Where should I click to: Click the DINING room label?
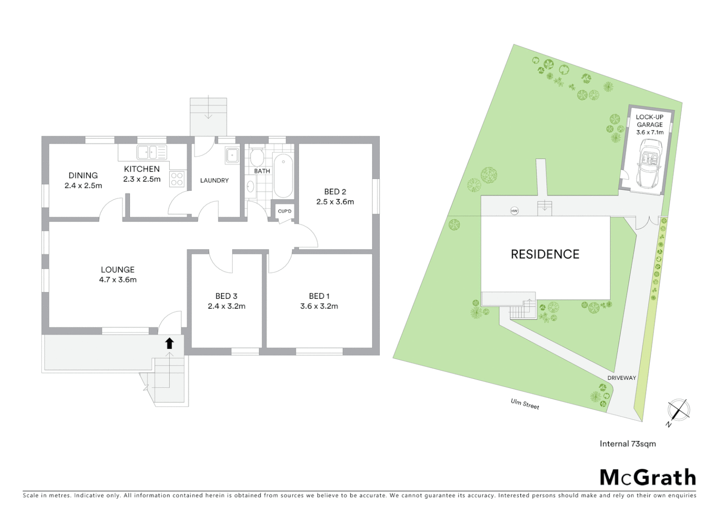83,175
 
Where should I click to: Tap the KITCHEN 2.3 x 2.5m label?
142,174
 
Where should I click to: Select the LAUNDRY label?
214,181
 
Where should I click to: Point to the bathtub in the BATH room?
283,175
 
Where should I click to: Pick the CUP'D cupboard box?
285,211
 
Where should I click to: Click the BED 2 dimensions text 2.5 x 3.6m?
335,202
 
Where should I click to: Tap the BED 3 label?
226,296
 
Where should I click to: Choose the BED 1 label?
319,296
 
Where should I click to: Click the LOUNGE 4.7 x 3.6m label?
118,274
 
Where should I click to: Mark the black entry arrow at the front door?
169,343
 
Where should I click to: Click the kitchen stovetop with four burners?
177,179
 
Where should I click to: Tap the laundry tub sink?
232,156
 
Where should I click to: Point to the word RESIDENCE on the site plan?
545,254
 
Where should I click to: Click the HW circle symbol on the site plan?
514,211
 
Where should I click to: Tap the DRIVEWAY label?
622,378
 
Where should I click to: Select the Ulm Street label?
525,404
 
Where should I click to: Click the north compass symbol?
678,410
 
